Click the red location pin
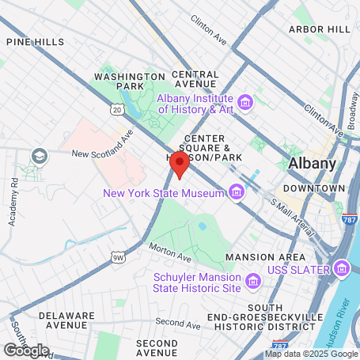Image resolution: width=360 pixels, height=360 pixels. pyautogui.click(x=180, y=166)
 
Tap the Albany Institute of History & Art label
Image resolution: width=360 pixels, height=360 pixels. pyautogui.click(x=195, y=104)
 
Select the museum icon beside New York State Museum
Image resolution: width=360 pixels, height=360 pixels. pyautogui.click(x=236, y=192)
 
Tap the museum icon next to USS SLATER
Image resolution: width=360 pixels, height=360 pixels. pyautogui.click(x=340, y=271)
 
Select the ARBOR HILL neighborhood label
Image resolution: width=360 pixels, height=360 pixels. pyautogui.click(x=319, y=29)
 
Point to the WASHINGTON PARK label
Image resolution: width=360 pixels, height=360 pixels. pyautogui.click(x=118, y=81)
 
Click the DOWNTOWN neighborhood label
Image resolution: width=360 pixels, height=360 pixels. pyautogui.click(x=314, y=188)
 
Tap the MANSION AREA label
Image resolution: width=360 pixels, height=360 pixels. pyautogui.click(x=265, y=258)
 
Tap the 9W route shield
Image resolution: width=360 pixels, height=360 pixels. pyautogui.click(x=118, y=257)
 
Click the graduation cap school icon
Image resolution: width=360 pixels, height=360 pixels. pyautogui.click(x=39, y=157)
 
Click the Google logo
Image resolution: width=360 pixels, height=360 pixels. pyautogui.click(x=26, y=350)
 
